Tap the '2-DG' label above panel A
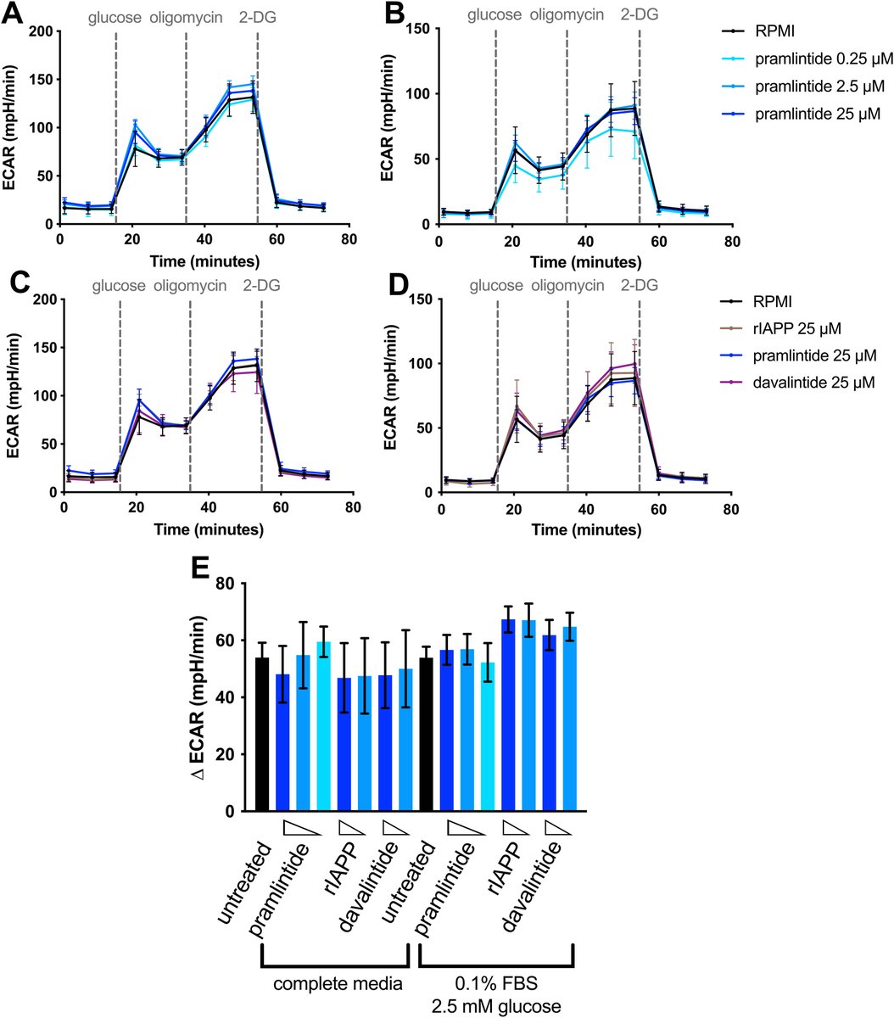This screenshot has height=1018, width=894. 257,14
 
